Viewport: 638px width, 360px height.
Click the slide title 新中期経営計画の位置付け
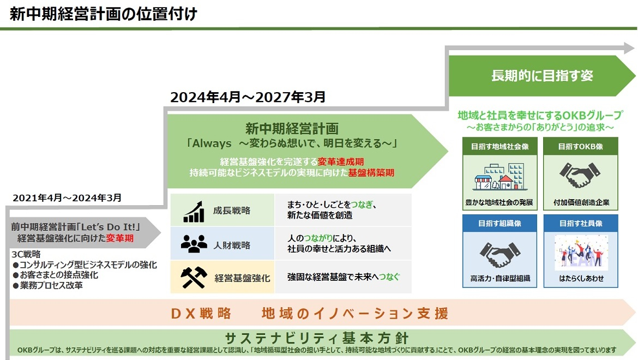[x=104, y=14]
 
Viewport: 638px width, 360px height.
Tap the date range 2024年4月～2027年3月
[x=248, y=97]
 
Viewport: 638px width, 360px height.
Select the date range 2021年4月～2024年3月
[x=67, y=197]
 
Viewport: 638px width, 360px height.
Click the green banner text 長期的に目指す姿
[x=542, y=76]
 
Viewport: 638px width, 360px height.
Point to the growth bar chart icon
[x=194, y=212]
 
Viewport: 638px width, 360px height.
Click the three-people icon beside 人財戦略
[x=194, y=244]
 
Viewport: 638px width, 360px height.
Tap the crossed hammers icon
[x=194, y=278]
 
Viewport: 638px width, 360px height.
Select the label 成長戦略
[x=232, y=211]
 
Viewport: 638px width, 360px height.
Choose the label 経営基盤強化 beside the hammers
[x=242, y=278]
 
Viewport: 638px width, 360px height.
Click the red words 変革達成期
[x=341, y=162]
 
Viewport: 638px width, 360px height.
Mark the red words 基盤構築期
[x=371, y=173]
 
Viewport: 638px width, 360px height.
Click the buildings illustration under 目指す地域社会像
[x=499, y=177]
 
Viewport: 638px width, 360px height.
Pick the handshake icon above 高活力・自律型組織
[x=499, y=254]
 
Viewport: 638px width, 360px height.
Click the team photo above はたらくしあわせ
[x=581, y=252]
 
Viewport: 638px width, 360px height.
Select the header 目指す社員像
[x=581, y=223]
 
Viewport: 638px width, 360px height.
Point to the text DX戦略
[x=201, y=314]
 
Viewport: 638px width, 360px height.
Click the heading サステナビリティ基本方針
[x=317, y=338]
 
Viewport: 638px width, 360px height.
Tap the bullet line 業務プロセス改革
[x=47, y=286]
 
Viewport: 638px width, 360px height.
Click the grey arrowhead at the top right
[x=629, y=48]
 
